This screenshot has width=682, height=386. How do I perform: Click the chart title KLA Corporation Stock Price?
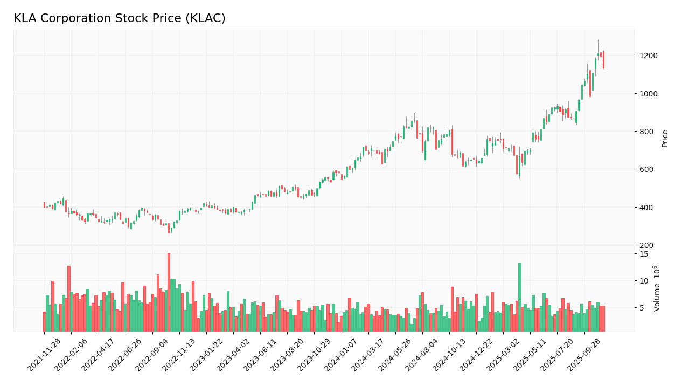[x=119, y=19]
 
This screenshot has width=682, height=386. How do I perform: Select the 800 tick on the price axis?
[x=647, y=132]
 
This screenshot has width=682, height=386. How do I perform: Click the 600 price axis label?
[x=647, y=169]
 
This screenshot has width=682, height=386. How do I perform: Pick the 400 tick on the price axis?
[x=647, y=208]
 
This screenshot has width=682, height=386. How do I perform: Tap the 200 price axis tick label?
[x=647, y=245]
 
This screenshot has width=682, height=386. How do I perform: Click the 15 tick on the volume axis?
[x=644, y=254]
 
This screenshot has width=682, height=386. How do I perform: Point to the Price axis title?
[x=665, y=138]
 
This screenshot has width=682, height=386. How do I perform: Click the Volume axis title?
[x=657, y=288]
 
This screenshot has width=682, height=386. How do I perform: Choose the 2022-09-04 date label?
[x=153, y=355]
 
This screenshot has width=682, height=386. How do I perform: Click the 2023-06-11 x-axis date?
[x=261, y=355]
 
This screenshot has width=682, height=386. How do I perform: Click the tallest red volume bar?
[x=169, y=292]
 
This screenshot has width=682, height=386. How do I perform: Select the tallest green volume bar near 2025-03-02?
[x=520, y=297]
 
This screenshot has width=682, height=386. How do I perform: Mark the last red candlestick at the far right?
[x=603, y=60]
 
